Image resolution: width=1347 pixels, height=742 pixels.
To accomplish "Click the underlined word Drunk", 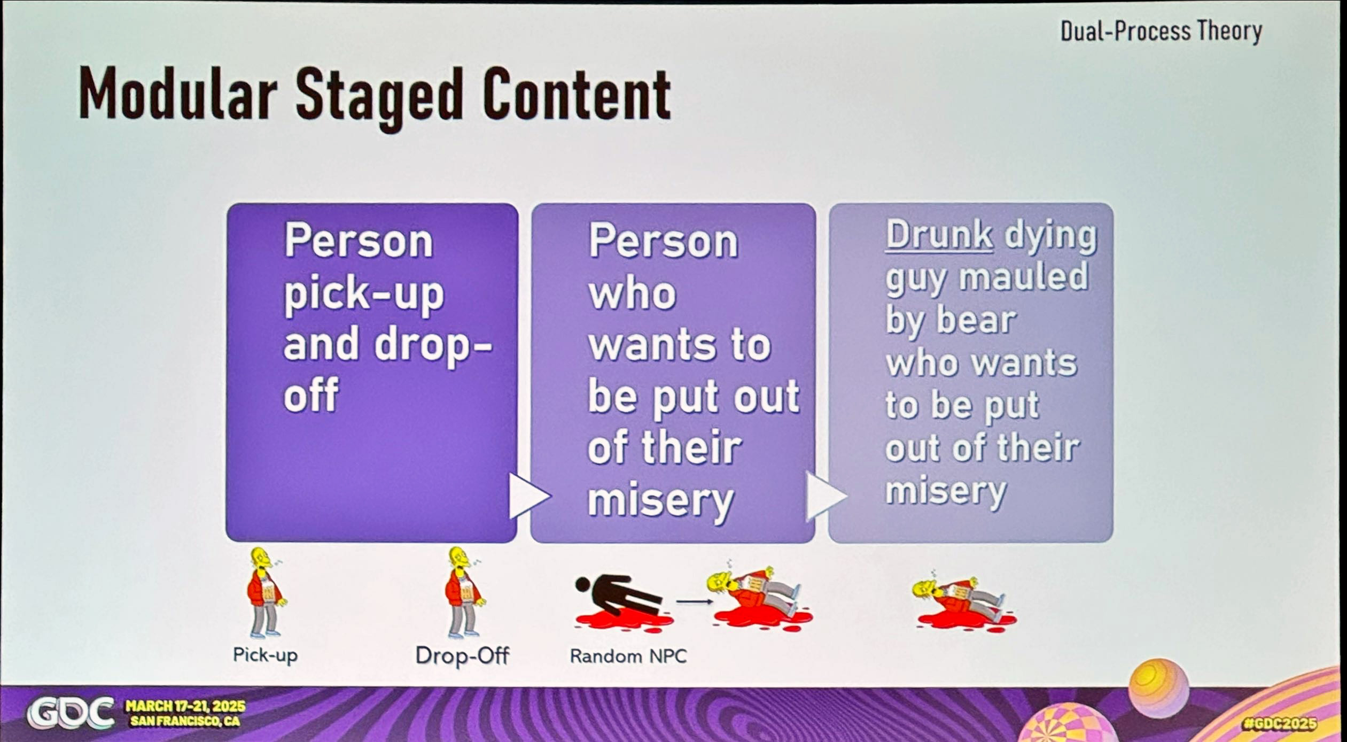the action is coord(939,235).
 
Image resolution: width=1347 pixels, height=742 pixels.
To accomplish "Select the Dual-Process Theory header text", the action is coord(1161,30).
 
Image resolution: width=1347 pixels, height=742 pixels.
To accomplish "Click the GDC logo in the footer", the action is coord(71,713).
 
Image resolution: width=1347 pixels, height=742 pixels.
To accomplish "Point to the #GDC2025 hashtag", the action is coord(1280,724).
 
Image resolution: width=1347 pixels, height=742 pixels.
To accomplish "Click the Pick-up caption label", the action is coord(265,655).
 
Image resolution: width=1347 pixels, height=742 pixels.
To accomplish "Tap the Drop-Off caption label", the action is coord(462,655).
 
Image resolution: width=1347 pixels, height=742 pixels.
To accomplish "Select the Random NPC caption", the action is coord(628,656).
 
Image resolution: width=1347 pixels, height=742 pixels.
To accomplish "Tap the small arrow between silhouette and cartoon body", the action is coord(694,601).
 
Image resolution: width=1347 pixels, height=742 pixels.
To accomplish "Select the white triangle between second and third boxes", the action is coord(825,495).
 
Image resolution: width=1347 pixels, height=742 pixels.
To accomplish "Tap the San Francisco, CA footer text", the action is coord(185,721).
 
